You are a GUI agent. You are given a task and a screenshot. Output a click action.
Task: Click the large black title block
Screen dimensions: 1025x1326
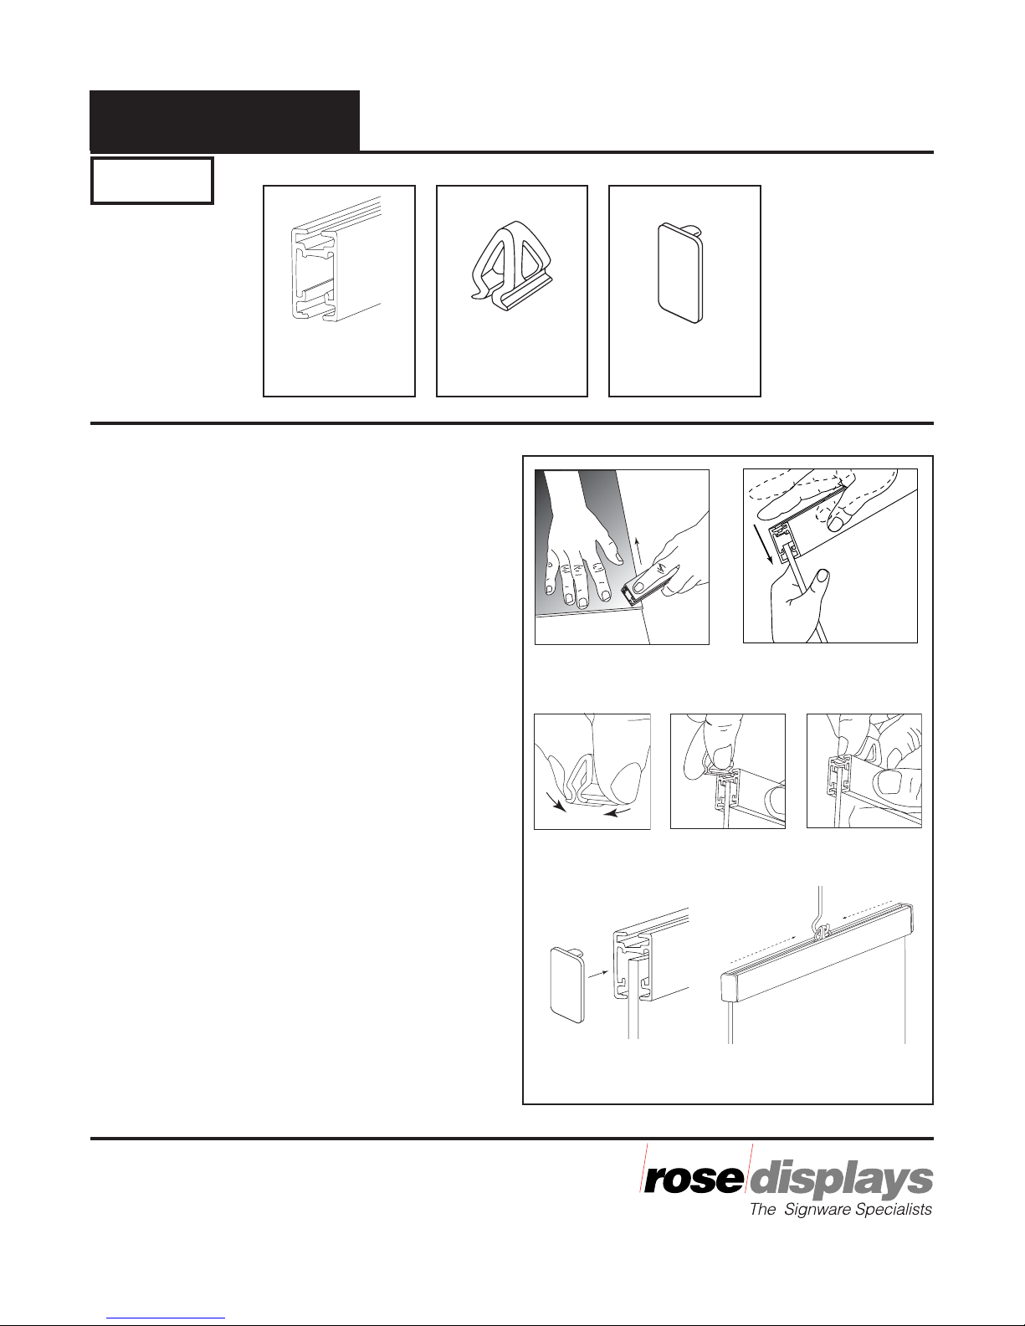(x=224, y=120)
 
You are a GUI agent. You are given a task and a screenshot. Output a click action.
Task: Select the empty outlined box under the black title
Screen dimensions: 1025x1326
(x=152, y=181)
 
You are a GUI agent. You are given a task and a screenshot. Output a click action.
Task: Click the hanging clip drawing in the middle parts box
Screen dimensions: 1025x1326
(x=512, y=267)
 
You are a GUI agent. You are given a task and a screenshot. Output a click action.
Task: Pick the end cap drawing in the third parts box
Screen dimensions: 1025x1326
(x=681, y=273)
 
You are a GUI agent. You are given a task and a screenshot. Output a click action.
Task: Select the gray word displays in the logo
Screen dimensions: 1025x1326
(x=842, y=1183)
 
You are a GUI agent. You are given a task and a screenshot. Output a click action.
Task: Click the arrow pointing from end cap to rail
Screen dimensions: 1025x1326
(x=598, y=975)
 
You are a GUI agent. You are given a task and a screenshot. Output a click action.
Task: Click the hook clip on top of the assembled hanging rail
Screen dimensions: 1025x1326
(x=823, y=930)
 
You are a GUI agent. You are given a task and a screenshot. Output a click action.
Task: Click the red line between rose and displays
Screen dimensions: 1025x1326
(x=748, y=1168)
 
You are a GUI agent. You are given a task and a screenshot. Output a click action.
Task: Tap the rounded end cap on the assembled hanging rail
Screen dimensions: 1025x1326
(x=730, y=987)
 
